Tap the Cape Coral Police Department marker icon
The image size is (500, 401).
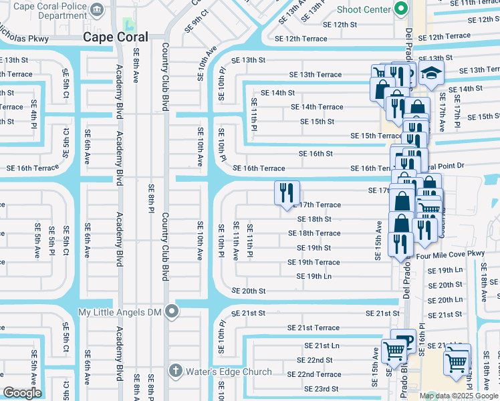coord(98,10)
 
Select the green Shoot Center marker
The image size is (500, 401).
coord(401,9)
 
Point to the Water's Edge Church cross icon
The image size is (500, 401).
coord(175,371)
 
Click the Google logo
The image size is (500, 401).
coord(22,393)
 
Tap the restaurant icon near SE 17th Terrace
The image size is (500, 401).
coord(287,194)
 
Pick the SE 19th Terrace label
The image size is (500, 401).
coord(314,263)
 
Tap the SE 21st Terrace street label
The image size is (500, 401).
coord(314,328)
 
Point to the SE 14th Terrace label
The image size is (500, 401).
coord(317,107)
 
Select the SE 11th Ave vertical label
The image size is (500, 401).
coord(235,241)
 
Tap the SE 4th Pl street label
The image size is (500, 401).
coord(33,112)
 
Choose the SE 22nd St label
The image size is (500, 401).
coord(315,360)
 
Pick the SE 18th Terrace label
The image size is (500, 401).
coord(314,233)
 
